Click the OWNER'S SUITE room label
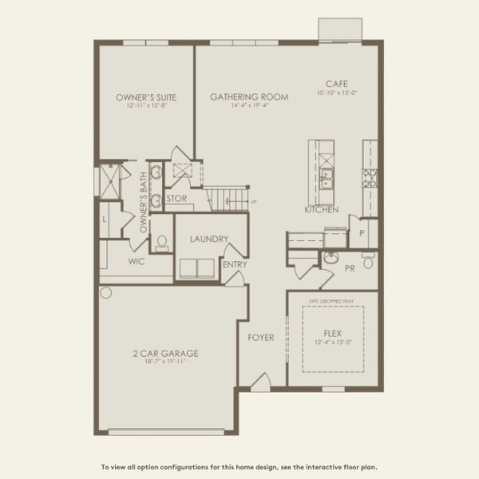coord(146,97)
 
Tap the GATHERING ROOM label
coord(249,97)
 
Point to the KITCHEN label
coord(322,209)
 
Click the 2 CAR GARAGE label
coord(166,353)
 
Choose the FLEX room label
coord(333,333)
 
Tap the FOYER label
coord(260,338)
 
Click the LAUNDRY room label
coord(210,239)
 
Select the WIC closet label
coord(137,260)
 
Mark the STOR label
coord(176,199)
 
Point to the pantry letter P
coord(361,233)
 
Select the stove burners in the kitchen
coord(370,177)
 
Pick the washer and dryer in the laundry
coord(196,268)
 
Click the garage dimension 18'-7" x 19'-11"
coord(166,362)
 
